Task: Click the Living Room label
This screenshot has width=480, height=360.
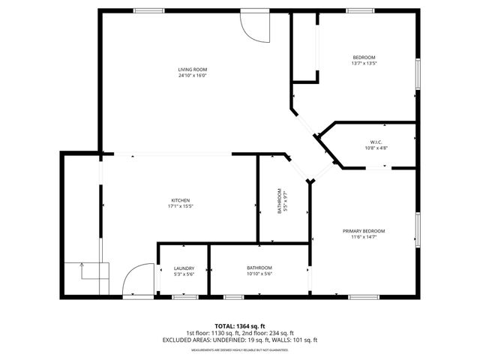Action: pyautogui.click(x=192, y=70)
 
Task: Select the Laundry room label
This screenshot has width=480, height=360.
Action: pyautogui.click(x=184, y=268)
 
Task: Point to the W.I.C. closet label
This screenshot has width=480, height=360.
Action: pyautogui.click(x=376, y=142)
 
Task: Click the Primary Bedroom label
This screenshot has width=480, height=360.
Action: pyautogui.click(x=364, y=231)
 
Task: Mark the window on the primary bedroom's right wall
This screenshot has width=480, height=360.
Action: pyautogui.click(x=418, y=229)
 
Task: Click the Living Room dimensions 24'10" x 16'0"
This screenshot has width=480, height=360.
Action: pyautogui.click(x=192, y=76)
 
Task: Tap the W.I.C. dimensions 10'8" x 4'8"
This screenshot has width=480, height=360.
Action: pyautogui.click(x=376, y=148)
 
